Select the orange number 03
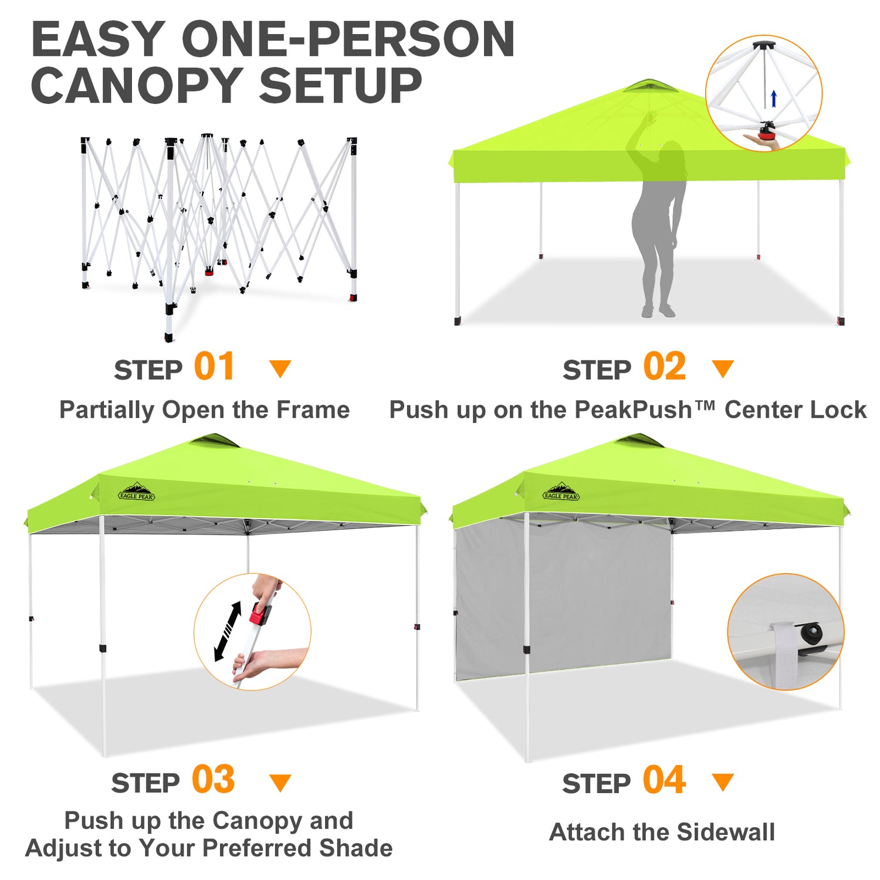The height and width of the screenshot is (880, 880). pos(214,780)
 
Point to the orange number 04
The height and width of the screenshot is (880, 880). pos(664,780)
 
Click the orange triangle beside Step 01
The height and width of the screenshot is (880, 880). pos(280,369)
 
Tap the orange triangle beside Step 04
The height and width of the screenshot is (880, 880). pos(723,782)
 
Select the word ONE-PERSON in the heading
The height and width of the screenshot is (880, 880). pos(348,39)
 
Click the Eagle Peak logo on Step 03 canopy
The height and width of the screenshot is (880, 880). pos(137,492)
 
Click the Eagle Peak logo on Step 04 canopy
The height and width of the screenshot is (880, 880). pos(561,492)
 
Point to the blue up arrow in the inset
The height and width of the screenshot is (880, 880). pos(774,99)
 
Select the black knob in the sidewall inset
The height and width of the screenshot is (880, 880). pos(811,633)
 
